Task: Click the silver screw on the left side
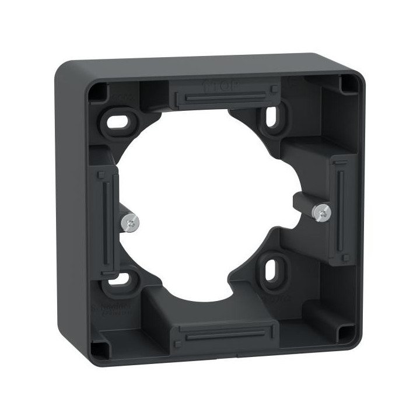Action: (x=131, y=222)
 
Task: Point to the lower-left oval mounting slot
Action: (x=118, y=279)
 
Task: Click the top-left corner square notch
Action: (x=97, y=90)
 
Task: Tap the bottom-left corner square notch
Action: (x=101, y=349)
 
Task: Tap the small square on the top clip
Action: (x=274, y=89)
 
